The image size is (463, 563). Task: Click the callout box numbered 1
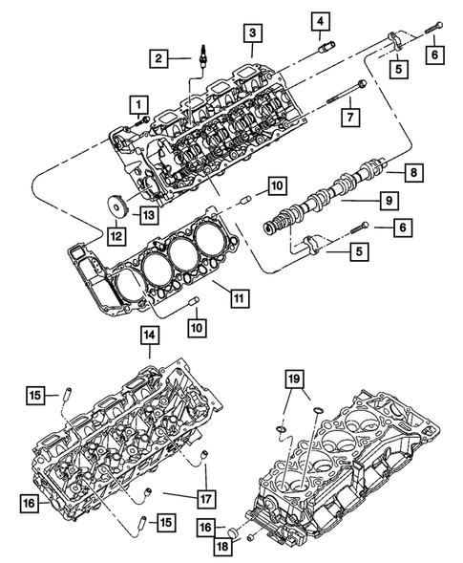pos(140,103)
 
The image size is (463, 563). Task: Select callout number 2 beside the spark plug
pos(159,59)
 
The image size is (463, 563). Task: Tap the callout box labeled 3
pos(251,33)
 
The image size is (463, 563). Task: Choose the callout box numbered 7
pos(350,119)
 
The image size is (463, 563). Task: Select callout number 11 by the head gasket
pos(237,297)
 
